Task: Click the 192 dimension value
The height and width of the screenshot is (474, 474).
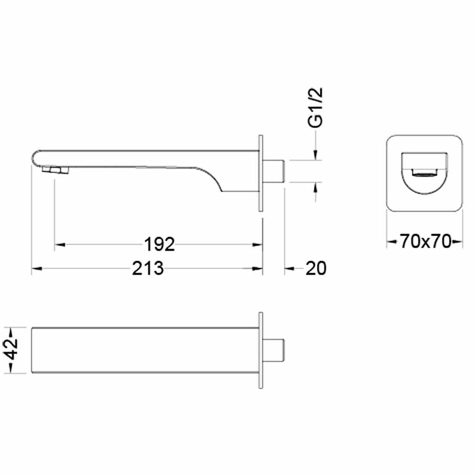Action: pos(159,244)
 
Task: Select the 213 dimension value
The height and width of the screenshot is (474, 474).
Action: pos(148,268)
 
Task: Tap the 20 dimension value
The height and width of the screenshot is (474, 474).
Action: pos(316,268)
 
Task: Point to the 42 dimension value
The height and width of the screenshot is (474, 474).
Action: pos(12,350)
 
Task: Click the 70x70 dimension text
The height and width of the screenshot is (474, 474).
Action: pos(425,242)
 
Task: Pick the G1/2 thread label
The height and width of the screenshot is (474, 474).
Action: pos(315,108)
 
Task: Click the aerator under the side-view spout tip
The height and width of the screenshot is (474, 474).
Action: pos(55,170)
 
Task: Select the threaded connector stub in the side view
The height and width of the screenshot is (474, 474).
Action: pos(274,171)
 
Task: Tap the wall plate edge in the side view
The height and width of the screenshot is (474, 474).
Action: pos(261,173)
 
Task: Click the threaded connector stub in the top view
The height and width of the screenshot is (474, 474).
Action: pos(273,350)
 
